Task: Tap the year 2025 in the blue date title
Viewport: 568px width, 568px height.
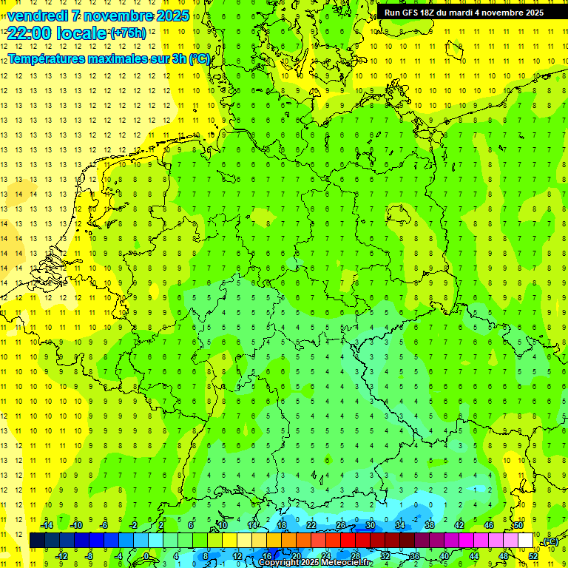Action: (x=168, y=16)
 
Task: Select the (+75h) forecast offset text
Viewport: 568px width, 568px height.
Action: (x=128, y=33)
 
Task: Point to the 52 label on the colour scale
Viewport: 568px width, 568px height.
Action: (x=532, y=556)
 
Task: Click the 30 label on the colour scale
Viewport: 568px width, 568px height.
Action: (x=370, y=525)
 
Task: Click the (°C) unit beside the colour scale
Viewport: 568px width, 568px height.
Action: (x=550, y=542)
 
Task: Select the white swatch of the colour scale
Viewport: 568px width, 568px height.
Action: (x=525, y=541)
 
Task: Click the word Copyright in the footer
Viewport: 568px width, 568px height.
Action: (x=278, y=563)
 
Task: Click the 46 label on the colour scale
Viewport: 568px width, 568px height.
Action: (x=488, y=525)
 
